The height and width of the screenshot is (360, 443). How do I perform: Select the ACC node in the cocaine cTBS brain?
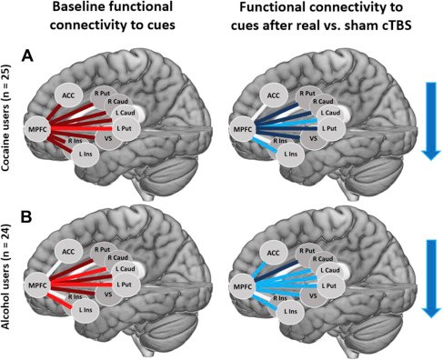pos(272,94)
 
